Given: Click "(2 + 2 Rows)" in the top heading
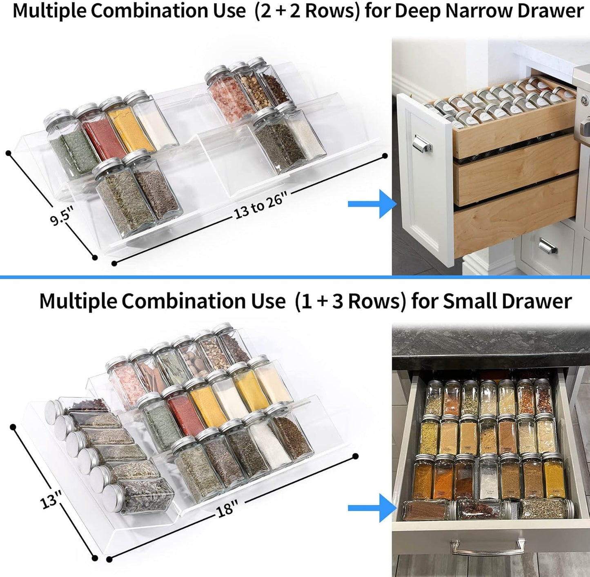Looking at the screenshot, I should click(x=307, y=11).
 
